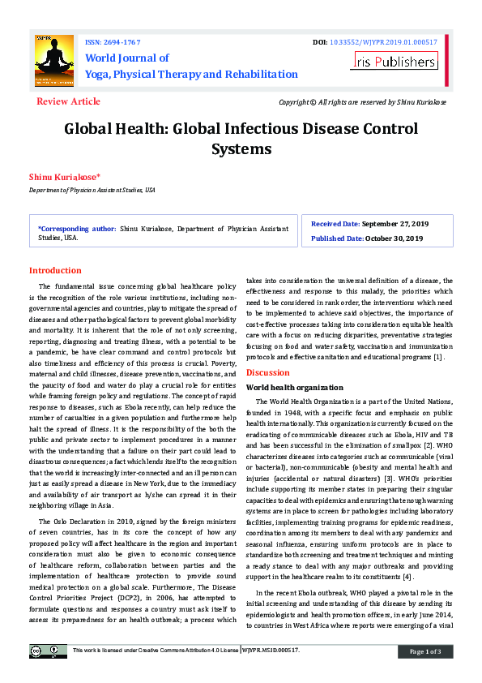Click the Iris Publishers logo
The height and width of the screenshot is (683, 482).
tap(395, 61)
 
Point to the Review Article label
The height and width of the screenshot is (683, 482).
tap(69, 101)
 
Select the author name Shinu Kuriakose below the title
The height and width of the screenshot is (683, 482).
tap(65, 176)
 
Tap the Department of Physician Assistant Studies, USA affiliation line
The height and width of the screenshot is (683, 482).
tap(92, 189)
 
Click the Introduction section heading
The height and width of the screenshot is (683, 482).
tap(55, 270)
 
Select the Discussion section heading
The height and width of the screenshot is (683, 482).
tap(267, 372)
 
